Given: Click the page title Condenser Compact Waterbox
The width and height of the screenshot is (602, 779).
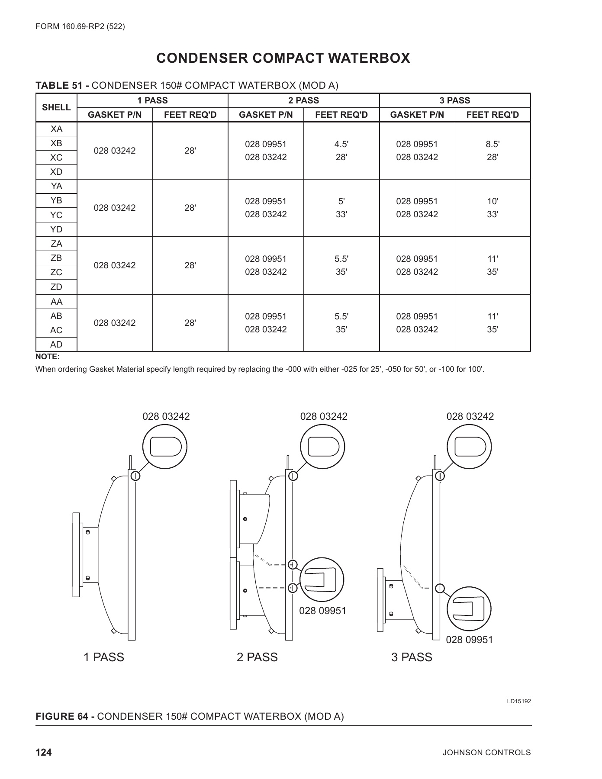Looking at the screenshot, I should coord(283,58).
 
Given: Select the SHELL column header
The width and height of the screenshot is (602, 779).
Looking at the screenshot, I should coord(56,107).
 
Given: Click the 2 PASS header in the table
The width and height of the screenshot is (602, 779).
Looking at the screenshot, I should coord(303,100).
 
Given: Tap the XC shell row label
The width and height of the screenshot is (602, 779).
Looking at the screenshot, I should coord(56,158).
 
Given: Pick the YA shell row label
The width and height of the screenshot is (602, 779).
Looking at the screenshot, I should coord(56,186).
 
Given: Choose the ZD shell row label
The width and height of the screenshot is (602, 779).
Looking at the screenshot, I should coord(56,287).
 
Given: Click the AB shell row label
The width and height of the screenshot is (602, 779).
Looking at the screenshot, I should coord(56,316).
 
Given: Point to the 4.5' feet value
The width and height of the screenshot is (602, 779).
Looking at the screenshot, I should coord(341,144).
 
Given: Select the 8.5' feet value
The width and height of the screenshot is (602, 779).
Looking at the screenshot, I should coord(493,144).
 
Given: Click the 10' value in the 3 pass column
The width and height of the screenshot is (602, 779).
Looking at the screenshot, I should coord(493,201).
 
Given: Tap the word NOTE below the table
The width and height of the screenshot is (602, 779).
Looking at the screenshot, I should coord(47,357).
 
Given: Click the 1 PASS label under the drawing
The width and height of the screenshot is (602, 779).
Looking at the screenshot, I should coord(104,657).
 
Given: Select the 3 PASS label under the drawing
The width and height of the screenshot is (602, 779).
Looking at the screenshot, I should coord(412,657).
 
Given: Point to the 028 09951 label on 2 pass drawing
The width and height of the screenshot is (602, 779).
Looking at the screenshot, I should coord(323,611).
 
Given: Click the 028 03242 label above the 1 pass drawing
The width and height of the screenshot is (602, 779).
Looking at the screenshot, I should coord(166,416).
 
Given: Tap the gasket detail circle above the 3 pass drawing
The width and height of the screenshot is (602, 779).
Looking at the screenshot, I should coord(469,446).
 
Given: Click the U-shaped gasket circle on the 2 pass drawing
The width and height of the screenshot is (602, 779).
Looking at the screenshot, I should coord(322,580).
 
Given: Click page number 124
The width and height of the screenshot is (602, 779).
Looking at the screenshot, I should coord(43,753).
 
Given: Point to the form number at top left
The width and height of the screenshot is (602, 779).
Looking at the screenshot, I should coord(80,27).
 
